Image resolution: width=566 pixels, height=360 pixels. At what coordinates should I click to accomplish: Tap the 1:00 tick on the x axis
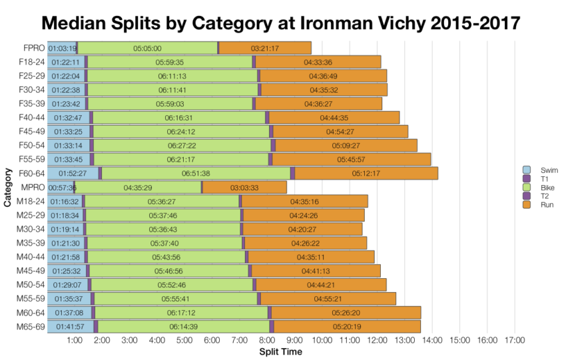(75, 340)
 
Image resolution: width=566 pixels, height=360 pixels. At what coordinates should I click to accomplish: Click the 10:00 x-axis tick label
(322, 340)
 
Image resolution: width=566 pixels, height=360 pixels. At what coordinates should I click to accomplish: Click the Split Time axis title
(280, 351)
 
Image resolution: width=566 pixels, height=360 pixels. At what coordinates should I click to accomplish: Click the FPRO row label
(33, 48)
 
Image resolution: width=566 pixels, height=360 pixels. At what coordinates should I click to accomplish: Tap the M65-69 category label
(30, 327)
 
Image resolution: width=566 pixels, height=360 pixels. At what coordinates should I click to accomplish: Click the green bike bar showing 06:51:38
(196, 174)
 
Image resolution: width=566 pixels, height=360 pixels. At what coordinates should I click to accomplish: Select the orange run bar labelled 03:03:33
(244, 188)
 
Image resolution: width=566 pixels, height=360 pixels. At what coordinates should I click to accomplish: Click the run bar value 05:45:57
(351, 160)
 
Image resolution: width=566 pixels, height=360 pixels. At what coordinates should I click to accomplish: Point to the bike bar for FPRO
(147, 48)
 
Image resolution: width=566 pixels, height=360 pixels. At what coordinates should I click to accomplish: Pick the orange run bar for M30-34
(303, 229)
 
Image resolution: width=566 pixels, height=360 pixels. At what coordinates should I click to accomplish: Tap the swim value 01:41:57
(69, 327)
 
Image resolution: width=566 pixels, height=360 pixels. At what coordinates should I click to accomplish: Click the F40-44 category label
(31, 118)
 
